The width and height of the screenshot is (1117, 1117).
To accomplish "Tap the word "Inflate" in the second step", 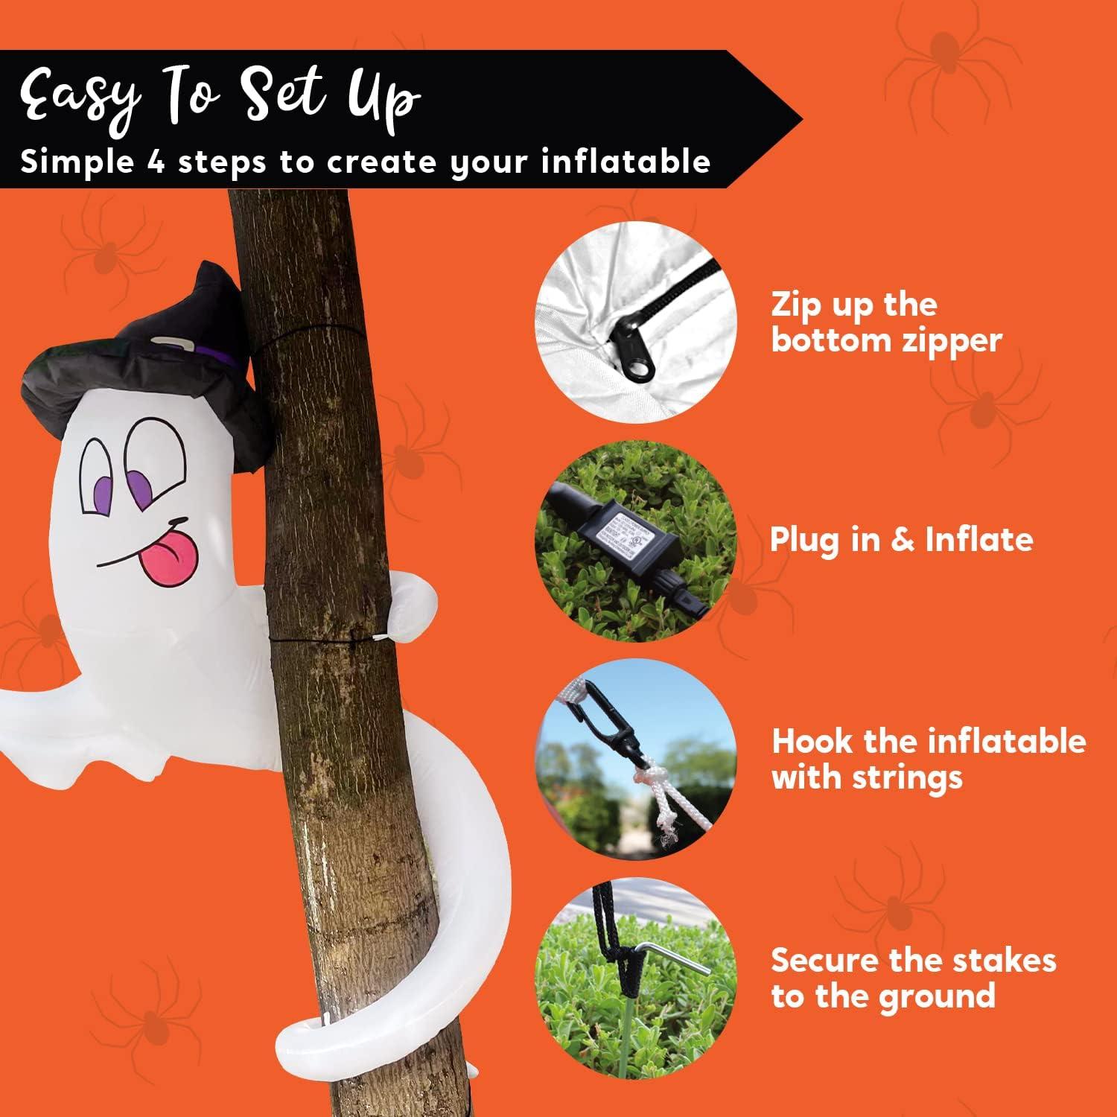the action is point(979,538).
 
